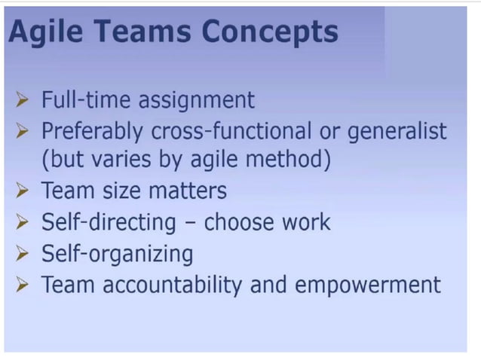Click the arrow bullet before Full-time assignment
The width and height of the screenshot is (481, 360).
23,100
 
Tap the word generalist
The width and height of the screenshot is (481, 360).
397,131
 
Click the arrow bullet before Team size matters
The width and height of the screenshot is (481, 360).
23,191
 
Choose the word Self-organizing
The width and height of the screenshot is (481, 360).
117,255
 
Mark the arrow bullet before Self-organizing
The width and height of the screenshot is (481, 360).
23,255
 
